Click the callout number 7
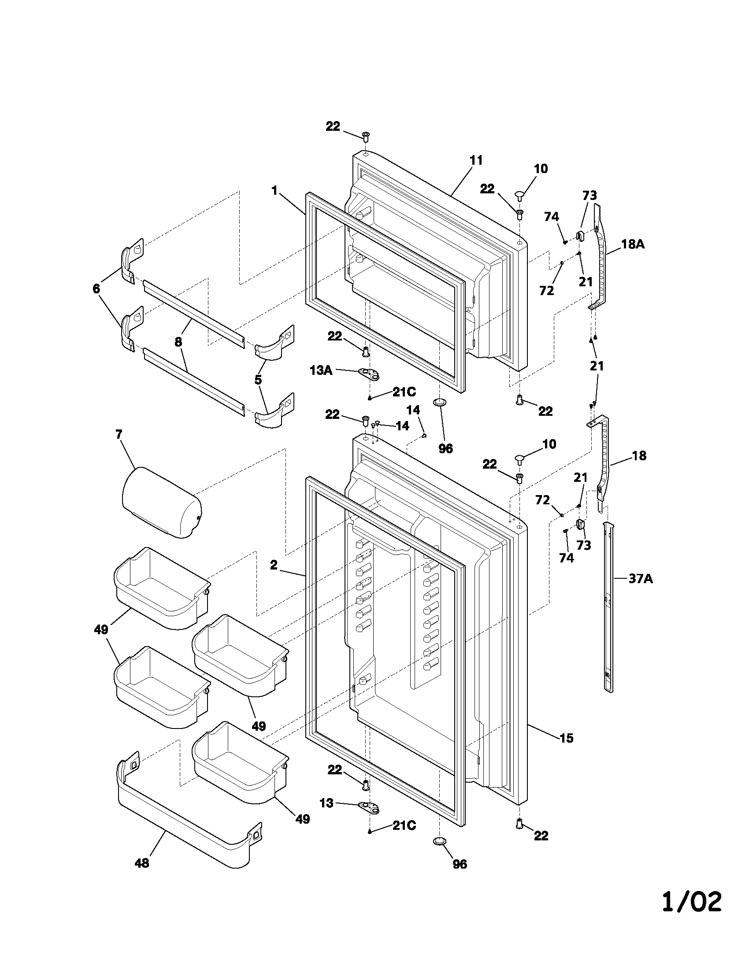tap(119, 434)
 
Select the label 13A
tap(321, 370)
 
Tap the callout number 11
tap(476, 160)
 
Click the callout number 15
tap(567, 738)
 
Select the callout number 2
tap(273, 565)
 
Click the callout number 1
tap(274, 191)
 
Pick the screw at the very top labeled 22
tap(366, 136)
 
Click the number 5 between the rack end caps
tap(258, 379)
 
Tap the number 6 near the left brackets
tap(96, 289)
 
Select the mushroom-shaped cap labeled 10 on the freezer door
tap(519, 194)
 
